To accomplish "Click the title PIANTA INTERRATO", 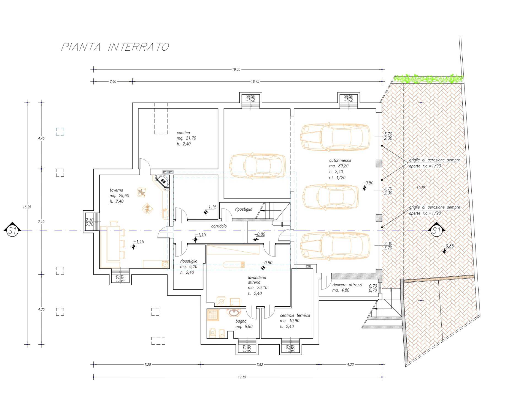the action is (115, 47).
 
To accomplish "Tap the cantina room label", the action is (183, 133).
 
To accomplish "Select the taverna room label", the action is (116, 190).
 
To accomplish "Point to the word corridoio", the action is (219, 226).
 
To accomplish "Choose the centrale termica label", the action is (295, 315).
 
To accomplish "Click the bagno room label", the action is (241, 321).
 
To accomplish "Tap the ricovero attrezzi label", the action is (347, 285).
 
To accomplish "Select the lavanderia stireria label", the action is (257, 280).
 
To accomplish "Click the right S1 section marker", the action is (436, 230).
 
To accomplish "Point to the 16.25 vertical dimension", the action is (27, 207).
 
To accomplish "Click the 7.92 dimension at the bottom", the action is (260, 365).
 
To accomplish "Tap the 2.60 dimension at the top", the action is (113, 81).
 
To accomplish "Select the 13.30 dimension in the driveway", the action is (421, 187).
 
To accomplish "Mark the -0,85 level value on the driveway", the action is (449, 246).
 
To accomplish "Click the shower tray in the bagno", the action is (213, 315).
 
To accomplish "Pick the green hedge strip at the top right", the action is (429, 79).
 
